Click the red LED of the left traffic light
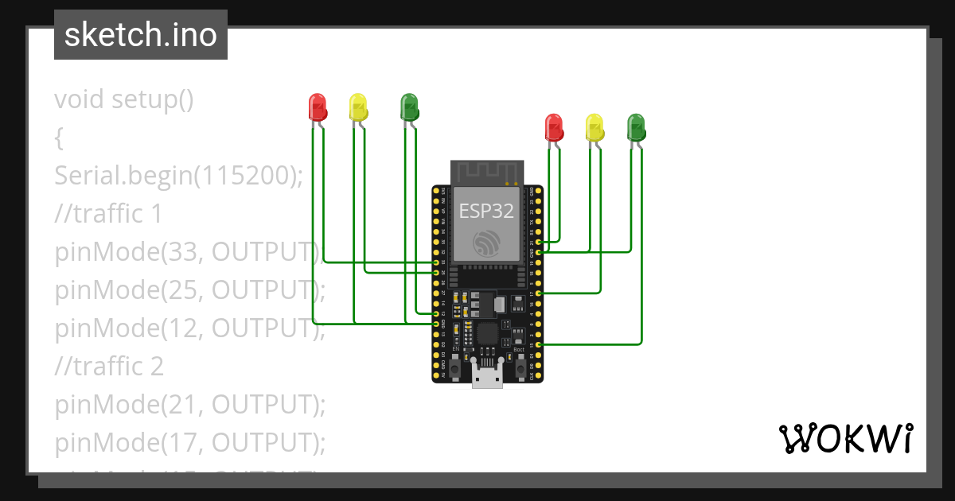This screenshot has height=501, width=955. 317,107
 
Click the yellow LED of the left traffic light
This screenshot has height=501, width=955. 358,107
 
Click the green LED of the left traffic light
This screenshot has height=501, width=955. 409,107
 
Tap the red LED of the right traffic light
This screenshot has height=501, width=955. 553,127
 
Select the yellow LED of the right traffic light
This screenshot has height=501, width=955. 594,127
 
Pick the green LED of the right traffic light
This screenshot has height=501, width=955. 636,127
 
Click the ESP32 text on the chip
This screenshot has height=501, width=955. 486,210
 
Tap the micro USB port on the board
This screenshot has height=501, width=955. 487,375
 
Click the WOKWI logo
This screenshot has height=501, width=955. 846,438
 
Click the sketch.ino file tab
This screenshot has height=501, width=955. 141,35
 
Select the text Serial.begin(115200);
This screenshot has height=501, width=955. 179,176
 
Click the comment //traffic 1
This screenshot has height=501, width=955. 108,213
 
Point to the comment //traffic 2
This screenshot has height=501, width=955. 109,366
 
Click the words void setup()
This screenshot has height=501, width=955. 124,99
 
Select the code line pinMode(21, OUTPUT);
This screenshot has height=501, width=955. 190,404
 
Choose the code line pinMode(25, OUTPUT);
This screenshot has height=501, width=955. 190,289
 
